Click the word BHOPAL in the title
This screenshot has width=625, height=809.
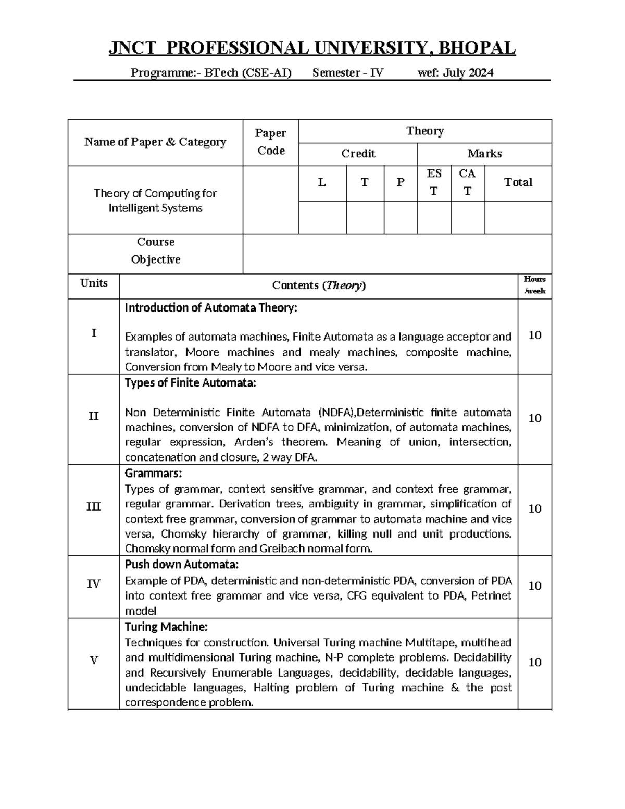coord(477,48)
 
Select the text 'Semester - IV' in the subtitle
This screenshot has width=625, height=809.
coord(348,73)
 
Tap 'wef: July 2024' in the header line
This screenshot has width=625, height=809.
coord(456,73)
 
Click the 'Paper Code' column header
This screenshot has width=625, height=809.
coord(270,142)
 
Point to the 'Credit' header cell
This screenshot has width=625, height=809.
coord(358,154)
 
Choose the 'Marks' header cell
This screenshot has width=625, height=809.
coord(484,154)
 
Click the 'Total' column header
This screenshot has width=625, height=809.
coord(518,182)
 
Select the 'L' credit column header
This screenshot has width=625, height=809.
coord(322,182)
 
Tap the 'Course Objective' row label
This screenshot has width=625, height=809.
coord(155,251)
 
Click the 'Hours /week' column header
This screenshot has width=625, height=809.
coord(534,285)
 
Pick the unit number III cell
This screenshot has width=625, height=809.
coord(94,506)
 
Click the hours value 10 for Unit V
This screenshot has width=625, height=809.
coord(535,662)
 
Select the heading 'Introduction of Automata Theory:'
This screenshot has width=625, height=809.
coord(211,308)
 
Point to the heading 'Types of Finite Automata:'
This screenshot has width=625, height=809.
coord(191,383)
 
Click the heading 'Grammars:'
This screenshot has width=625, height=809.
coord(154,474)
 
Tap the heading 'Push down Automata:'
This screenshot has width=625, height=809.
coord(182,565)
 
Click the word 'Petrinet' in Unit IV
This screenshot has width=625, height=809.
coord(491,596)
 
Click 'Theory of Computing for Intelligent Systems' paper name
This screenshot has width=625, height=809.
coord(155,201)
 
